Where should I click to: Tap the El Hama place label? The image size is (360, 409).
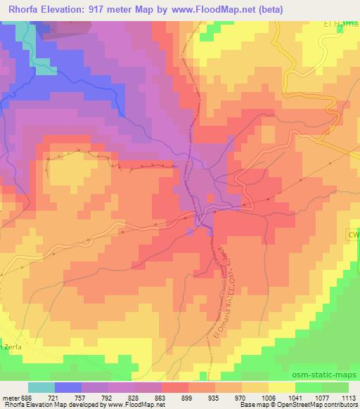click(342, 23)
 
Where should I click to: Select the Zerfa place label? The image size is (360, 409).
click(13, 347)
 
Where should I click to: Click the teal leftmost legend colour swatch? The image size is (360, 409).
click(41, 387)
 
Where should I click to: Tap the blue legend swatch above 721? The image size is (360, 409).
click(68, 387)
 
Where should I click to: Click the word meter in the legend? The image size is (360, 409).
click(8, 397)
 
